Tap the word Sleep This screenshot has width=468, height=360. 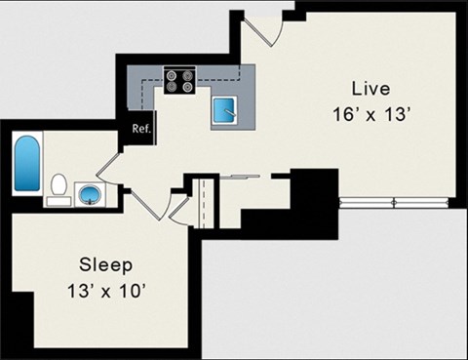point(106,265)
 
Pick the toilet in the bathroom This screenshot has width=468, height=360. point(58,185)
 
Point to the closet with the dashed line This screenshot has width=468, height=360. point(203,200)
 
